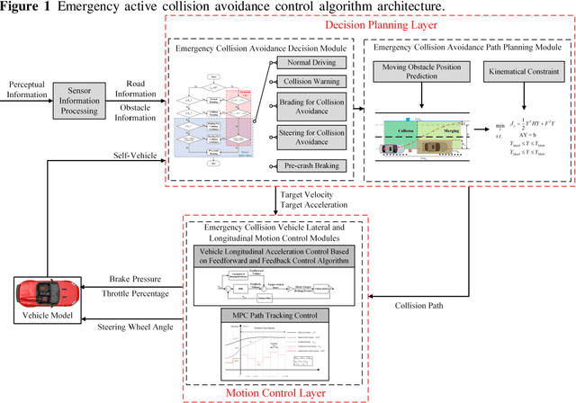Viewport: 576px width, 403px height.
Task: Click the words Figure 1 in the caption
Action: coord(22,6)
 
